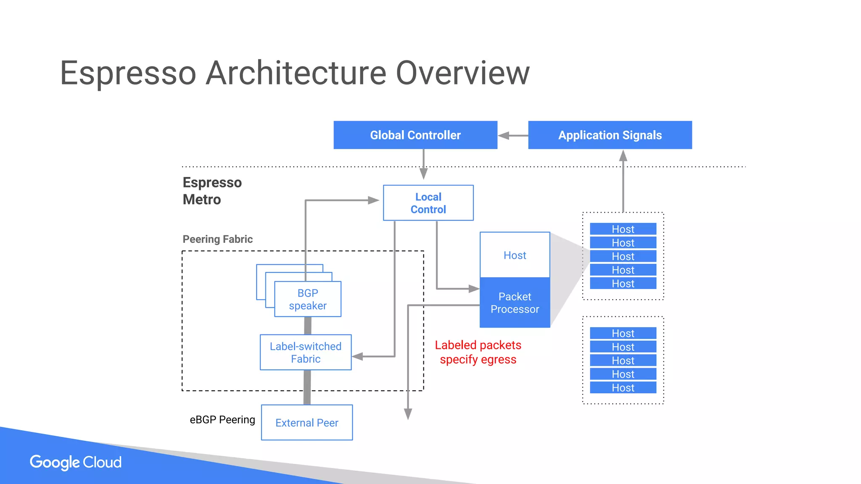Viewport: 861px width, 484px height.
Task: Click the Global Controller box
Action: pyautogui.click(x=415, y=135)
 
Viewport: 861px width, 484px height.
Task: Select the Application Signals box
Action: pyautogui.click(x=610, y=135)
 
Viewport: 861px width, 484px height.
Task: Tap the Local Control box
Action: pyautogui.click(x=428, y=203)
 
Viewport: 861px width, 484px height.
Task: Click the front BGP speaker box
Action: pyautogui.click(x=308, y=299)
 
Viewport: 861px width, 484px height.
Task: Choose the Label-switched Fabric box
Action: pyautogui.click(x=306, y=352)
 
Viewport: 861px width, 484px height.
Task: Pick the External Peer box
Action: pyautogui.click(x=307, y=423)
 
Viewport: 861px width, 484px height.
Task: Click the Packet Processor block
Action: pyautogui.click(x=515, y=303)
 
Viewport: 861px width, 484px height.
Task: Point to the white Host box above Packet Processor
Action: pyautogui.click(x=515, y=255)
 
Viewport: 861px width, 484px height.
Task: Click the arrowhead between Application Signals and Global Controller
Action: pyautogui.click(x=504, y=136)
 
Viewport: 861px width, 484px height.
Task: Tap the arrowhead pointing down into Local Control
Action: pyautogui.click(x=423, y=174)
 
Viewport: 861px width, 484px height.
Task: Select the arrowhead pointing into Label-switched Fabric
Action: pyautogui.click(x=357, y=357)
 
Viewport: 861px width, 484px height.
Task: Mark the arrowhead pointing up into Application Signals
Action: pyautogui.click(x=623, y=156)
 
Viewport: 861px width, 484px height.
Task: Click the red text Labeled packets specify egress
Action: pyautogui.click(x=478, y=352)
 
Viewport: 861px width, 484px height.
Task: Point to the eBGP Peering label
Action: pyautogui.click(x=222, y=420)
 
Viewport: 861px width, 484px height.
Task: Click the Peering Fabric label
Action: pyautogui.click(x=217, y=239)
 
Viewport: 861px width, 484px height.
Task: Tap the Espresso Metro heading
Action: pyautogui.click(x=212, y=191)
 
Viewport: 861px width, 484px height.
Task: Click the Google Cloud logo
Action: pyautogui.click(x=76, y=462)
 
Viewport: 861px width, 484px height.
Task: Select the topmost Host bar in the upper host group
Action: pyautogui.click(x=623, y=229)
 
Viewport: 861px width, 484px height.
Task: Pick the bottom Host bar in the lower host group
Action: pyautogui.click(x=623, y=387)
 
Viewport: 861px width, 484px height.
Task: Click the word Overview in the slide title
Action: pyautogui.click(x=462, y=73)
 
